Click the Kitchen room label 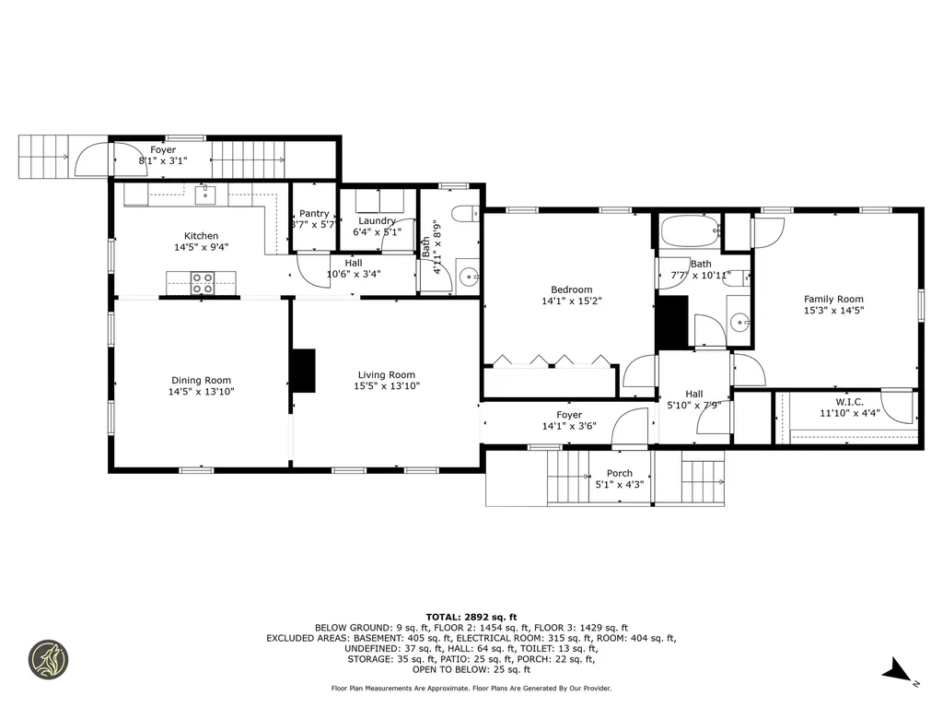201,236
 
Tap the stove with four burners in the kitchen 203,283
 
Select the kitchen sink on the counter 205,195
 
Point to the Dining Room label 201,381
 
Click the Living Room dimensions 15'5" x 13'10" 387,386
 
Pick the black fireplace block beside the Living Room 303,371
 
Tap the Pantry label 314,213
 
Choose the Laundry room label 377,221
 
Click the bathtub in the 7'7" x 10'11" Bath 691,230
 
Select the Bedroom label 571,289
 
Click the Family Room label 833,300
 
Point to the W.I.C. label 849,402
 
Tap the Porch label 620,473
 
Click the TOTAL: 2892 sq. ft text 471,617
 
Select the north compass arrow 898,670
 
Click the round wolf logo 49,659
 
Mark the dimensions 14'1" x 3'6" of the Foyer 569,426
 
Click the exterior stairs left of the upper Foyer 44,157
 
